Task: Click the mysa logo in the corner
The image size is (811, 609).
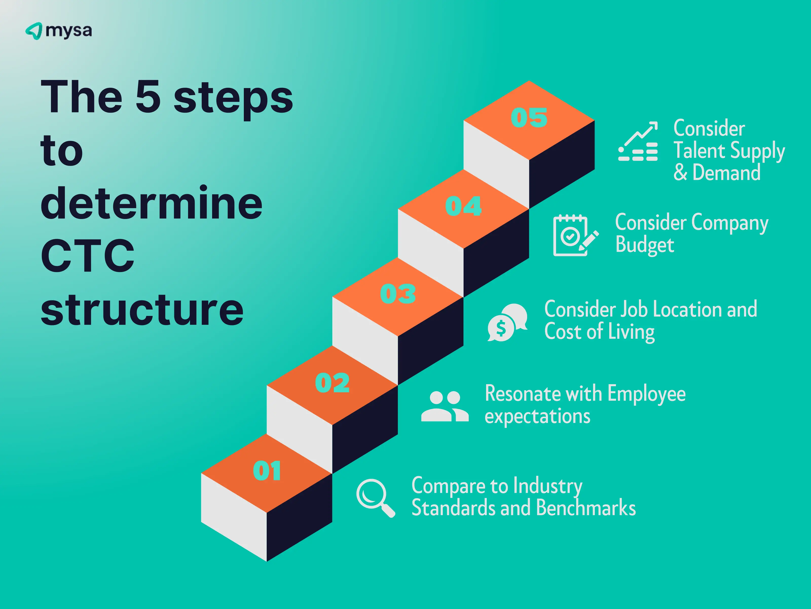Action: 59,31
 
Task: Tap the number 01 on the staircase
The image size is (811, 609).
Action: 267,471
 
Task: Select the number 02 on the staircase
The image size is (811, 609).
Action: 332,383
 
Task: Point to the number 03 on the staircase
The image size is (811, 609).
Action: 398,294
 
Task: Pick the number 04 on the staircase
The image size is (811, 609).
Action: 463,206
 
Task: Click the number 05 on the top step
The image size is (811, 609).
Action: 529,118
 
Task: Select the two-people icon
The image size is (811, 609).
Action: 445,406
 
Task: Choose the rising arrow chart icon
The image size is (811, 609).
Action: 638,141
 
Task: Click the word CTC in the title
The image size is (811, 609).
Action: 88,256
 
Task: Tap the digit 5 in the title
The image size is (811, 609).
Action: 148,96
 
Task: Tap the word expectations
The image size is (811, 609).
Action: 538,417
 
